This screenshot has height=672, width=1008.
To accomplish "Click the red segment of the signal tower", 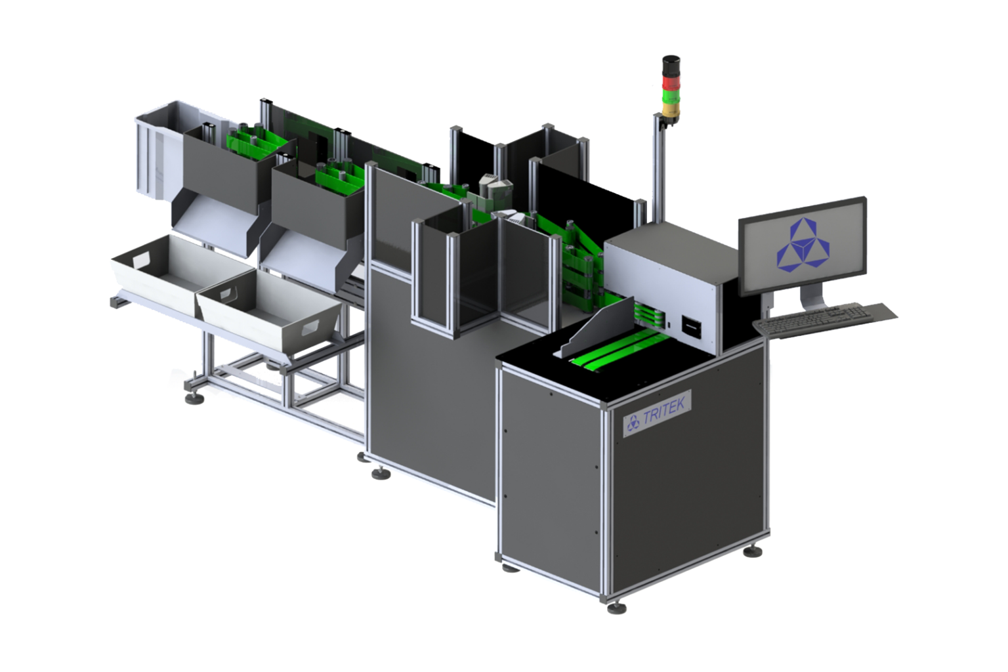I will coord(671,83).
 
